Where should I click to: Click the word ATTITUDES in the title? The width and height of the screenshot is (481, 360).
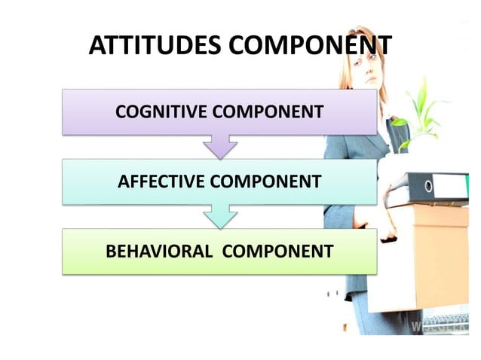[155, 47]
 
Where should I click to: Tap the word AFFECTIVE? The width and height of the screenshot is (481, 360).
[161, 182]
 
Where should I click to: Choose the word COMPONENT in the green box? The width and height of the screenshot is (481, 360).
[278, 252]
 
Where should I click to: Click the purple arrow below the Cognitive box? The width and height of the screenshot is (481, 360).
[220, 145]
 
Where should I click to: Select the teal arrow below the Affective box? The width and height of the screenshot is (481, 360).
[220, 216]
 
